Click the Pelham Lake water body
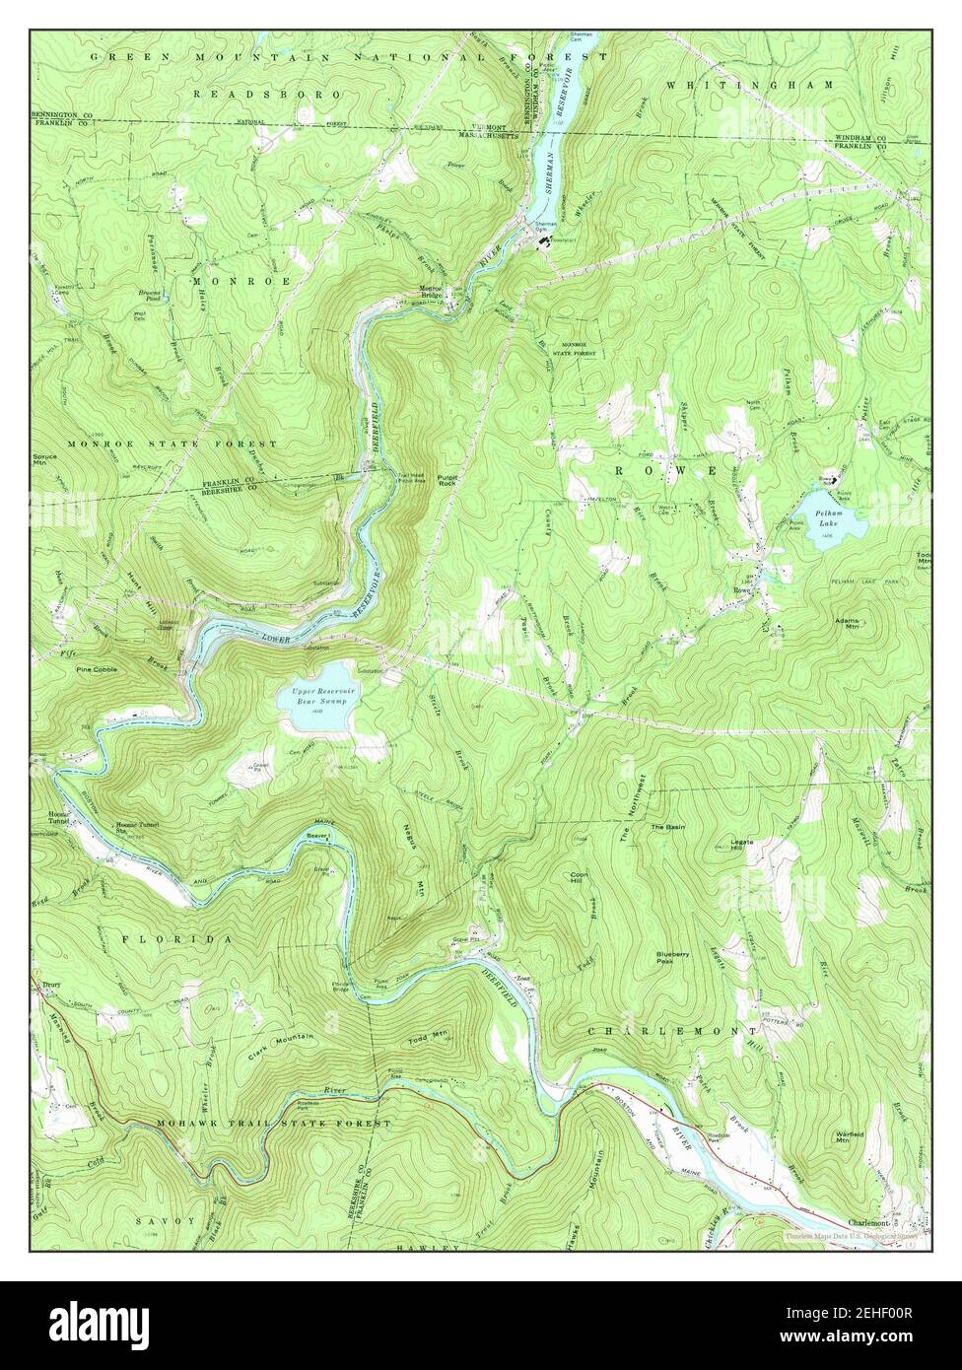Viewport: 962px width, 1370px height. click(833, 515)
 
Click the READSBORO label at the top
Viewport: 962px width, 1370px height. click(267, 94)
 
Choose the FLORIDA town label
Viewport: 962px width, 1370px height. click(178, 939)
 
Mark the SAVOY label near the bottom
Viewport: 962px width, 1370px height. click(166, 1220)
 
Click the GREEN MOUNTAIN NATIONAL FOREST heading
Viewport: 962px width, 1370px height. click(336, 58)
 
